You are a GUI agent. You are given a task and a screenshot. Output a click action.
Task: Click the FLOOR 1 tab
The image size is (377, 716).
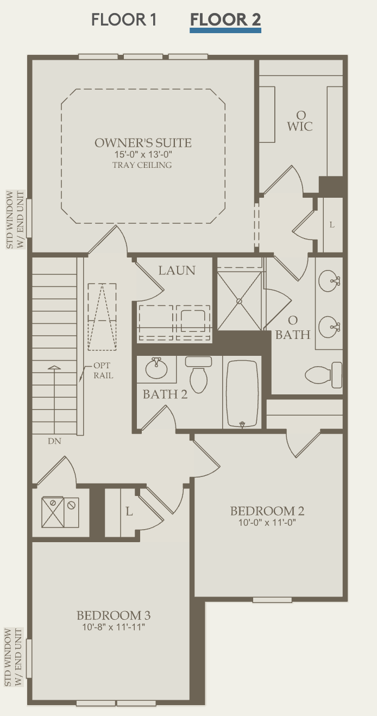coord(124,20)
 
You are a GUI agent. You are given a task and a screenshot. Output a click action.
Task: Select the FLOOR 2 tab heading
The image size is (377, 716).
coord(225,20)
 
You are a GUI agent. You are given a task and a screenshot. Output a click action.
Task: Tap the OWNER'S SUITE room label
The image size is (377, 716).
coord(143,143)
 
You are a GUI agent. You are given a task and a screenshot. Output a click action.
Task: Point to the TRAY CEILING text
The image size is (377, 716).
coord(142,165)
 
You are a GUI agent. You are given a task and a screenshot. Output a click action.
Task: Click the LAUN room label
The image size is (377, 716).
coord(177,270)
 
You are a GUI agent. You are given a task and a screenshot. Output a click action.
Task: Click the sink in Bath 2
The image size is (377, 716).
coord(157,369)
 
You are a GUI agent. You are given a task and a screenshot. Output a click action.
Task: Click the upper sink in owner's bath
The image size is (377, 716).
coord(329,281)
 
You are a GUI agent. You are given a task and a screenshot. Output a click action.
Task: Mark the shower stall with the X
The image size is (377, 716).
coord(239,300)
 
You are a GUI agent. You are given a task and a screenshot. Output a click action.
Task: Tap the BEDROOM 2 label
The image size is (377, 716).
coord(267,511)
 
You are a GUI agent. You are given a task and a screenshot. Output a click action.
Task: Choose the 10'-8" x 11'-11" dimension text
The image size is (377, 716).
coord(114,627)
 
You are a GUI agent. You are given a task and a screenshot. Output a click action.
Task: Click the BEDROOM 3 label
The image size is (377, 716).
coord(114,615)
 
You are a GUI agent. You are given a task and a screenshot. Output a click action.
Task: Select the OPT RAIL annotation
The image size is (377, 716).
coord(103,370)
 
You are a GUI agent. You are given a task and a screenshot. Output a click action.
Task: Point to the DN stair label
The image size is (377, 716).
coord(54,441)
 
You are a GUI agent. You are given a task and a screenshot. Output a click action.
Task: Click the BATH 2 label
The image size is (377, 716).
coord(165,394)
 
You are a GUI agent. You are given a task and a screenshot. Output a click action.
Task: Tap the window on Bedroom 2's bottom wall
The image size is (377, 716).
coord(272,600)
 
